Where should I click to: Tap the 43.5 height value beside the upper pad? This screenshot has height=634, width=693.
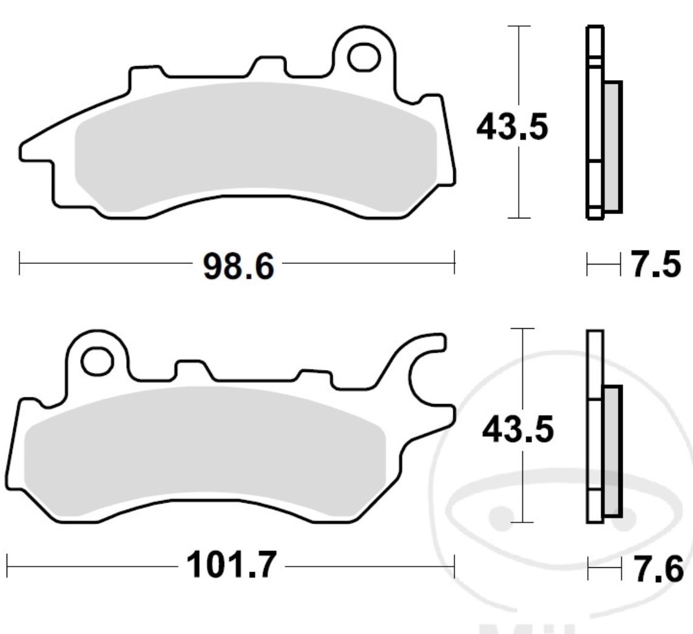click(x=512, y=128)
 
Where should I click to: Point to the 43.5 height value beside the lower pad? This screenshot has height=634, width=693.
click(x=518, y=430)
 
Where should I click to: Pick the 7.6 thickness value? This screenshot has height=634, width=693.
click(x=658, y=569)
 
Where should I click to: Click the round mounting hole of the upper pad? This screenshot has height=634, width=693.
click(x=363, y=56)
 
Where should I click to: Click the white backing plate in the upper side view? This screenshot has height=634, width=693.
click(x=595, y=121)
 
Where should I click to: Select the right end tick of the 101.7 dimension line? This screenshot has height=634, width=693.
click(x=454, y=567)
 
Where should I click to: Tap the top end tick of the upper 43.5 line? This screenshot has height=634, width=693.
click(x=518, y=27)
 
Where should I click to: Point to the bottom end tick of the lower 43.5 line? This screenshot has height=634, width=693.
click(x=522, y=521)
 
